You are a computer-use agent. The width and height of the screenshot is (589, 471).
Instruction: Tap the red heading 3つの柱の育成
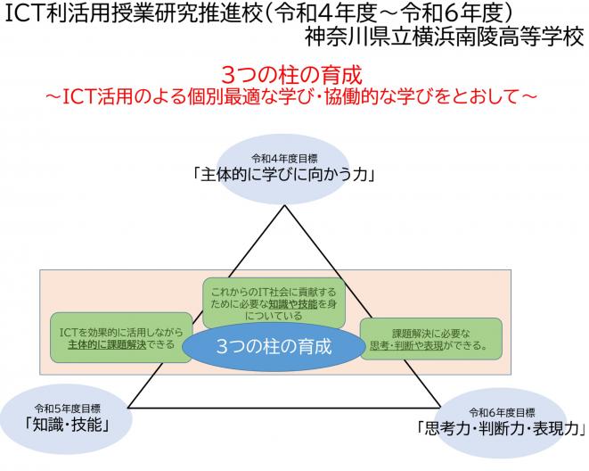[x=293, y=71]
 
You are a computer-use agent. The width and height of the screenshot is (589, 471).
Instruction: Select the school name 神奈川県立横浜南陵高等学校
[x=444, y=39]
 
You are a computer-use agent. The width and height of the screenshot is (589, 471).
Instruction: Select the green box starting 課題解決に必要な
[x=430, y=338]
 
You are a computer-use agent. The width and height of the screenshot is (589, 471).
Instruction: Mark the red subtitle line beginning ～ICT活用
[x=293, y=93]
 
